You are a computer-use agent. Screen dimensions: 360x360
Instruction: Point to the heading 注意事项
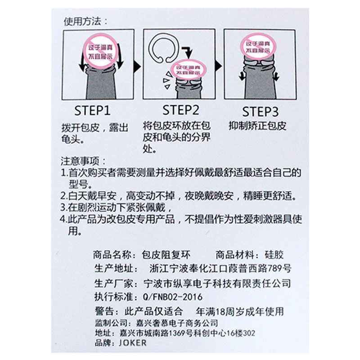83,161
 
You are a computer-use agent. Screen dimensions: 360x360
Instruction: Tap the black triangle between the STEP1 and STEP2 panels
138,66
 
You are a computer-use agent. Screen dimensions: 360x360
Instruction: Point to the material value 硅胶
274,254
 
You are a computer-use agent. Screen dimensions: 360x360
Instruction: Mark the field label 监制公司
111,323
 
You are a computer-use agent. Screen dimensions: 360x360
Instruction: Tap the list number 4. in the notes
63,220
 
